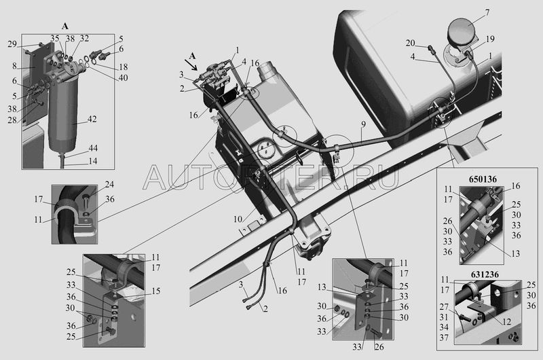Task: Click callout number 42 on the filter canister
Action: coord(92,119)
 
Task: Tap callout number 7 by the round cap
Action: coord(487,12)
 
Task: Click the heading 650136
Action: coord(483,179)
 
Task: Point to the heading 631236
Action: coord(485,274)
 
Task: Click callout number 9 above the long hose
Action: coord(362,124)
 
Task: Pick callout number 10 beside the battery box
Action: coord(238,219)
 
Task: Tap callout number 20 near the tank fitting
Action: coord(411,43)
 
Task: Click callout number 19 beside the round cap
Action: coord(490,39)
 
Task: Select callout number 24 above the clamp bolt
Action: coord(109,184)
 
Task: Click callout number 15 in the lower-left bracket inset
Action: coord(156,291)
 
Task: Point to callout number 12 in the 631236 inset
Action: coord(506,322)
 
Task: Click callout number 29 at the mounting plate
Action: coord(12,44)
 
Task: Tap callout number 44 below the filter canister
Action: coord(93,148)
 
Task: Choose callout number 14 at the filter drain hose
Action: coord(93,161)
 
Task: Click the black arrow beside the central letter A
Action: coord(192,65)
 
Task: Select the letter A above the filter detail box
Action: coord(65,26)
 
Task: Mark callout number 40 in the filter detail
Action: coord(124,77)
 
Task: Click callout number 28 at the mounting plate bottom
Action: coord(12,120)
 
